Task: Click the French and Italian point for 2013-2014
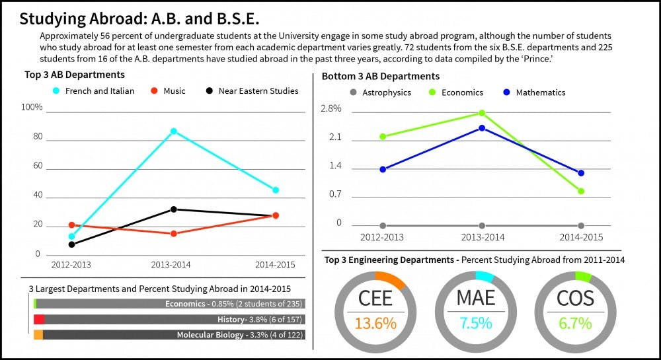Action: click(x=174, y=131)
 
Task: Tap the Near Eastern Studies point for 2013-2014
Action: click(x=174, y=209)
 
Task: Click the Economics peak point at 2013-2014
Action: click(x=482, y=113)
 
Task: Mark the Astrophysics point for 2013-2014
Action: click(x=482, y=226)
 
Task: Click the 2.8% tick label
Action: click(x=330, y=108)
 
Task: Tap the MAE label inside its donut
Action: click(x=476, y=298)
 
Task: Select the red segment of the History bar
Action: click(x=39, y=319)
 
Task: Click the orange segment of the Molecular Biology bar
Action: click(x=38, y=335)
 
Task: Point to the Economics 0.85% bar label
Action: click(x=233, y=304)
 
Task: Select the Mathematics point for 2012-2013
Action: click(x=383, y=169)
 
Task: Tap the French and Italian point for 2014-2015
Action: click(x=276, y=190)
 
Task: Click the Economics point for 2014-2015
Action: click(x=581, y=192)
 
